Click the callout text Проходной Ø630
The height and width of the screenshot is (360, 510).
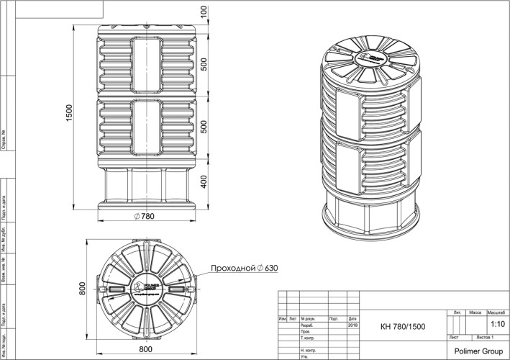243,269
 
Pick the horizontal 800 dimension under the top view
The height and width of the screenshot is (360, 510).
145,349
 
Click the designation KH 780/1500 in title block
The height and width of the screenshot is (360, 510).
402,326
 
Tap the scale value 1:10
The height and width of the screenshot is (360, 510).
496,325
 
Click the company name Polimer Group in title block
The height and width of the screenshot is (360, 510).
478,350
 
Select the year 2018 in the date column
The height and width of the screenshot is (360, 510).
352,325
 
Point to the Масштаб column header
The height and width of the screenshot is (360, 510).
496,313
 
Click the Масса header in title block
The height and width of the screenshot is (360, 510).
475,313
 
